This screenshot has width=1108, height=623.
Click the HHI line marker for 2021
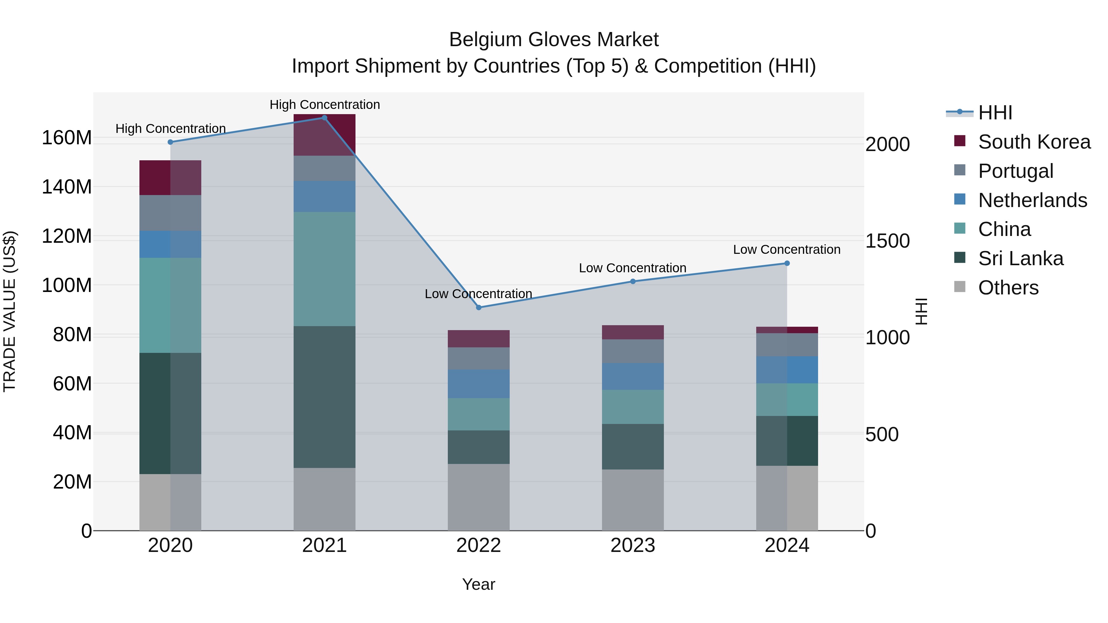324,118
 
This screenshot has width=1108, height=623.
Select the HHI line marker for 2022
479,307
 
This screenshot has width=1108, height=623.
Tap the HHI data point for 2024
787,263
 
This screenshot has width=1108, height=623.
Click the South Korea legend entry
1034,142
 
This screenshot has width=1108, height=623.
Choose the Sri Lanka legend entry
1020,258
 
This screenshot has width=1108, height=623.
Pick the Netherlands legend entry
1032,200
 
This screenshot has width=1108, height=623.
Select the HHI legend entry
995,113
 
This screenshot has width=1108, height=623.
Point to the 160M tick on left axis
67,138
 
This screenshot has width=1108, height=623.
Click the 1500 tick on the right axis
887,241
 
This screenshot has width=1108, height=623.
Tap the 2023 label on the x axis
633,545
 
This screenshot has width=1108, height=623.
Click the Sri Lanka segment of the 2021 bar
324,397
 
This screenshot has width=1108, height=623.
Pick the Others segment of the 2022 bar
479,497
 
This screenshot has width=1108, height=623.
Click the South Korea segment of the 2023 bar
633,332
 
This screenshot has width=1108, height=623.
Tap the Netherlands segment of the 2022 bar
479,384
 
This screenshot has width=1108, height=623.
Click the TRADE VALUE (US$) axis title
10,311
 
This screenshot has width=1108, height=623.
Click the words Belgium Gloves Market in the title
554,40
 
